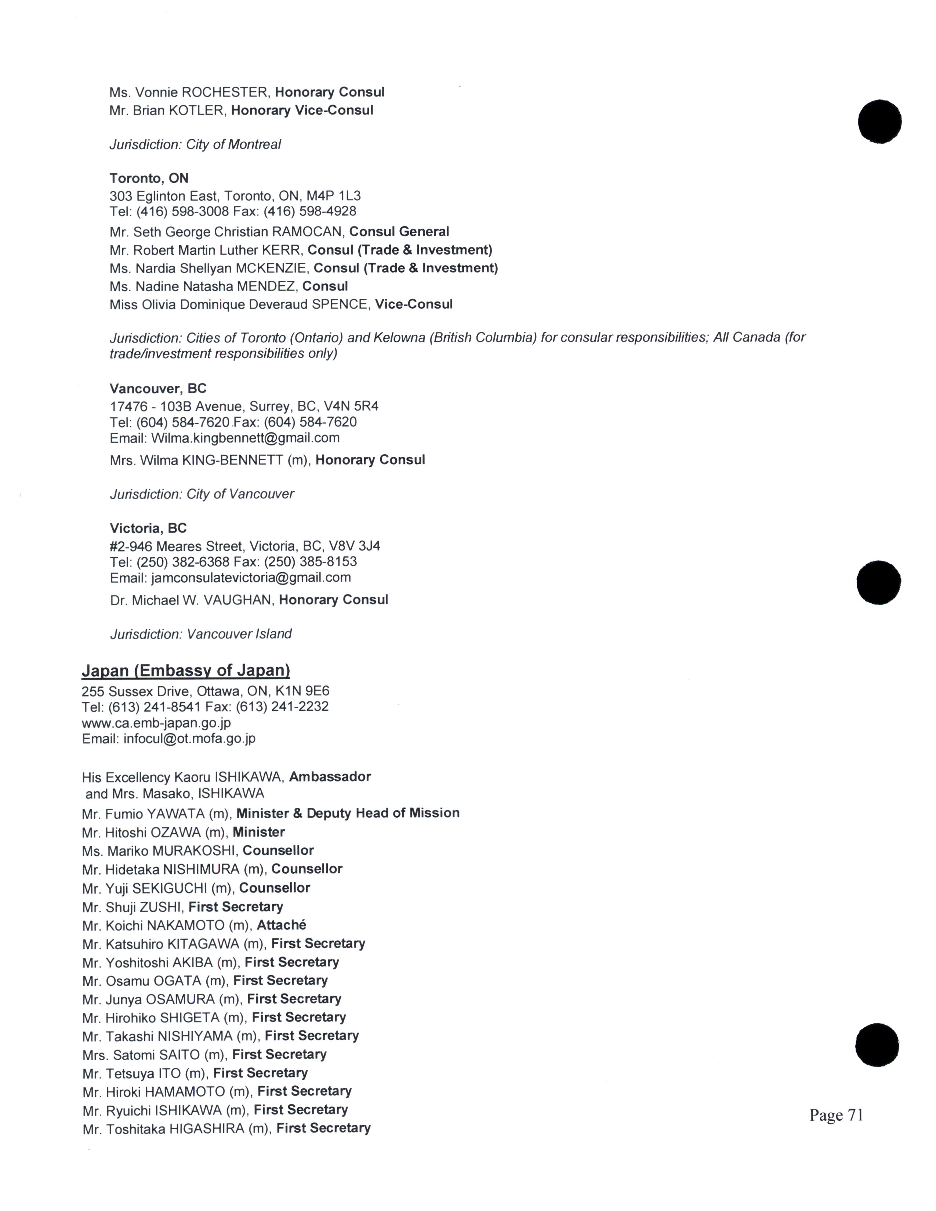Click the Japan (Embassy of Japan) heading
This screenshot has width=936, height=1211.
(x=186, y=670)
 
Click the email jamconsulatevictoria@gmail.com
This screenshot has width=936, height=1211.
(x=251, y=578)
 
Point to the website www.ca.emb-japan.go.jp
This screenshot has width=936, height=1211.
(x=156, y=723)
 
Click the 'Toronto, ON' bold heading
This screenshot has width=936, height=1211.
(x=149, y=178)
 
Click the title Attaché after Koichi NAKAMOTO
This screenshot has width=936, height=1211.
(x=282, y=925)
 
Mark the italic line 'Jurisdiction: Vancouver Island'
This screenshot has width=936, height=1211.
(x=201, y=634)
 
